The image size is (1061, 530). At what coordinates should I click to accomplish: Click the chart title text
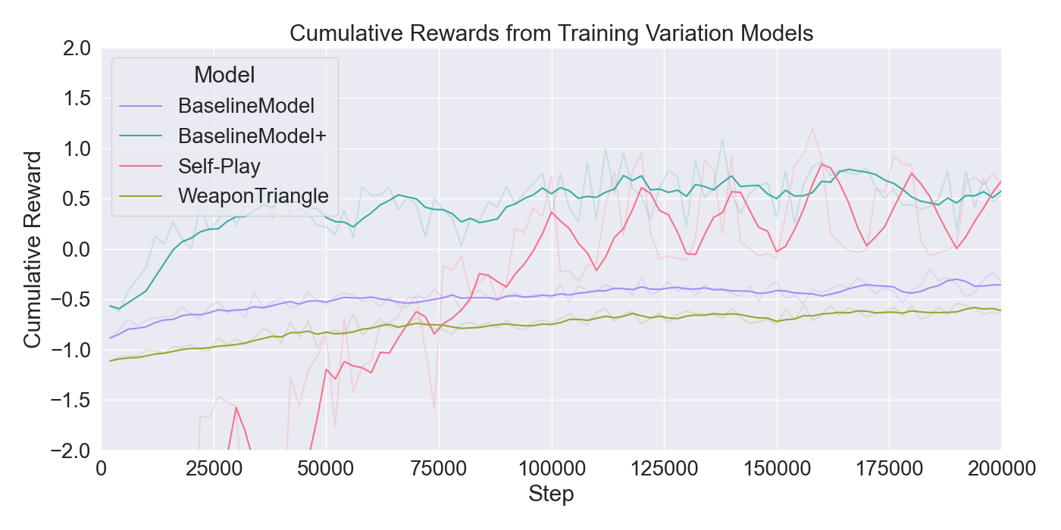tap(551, 33)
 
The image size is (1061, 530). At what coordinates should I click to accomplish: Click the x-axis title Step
tap(551, 495)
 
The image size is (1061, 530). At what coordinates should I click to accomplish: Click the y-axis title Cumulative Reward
tap(32, 249)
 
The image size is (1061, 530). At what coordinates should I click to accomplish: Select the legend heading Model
tap(224, 75)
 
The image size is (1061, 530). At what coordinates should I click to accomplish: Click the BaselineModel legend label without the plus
tap(246, 105)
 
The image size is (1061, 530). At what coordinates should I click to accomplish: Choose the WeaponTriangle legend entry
tap(253, 196)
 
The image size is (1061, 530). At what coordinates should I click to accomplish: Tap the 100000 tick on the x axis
tap(551, 469)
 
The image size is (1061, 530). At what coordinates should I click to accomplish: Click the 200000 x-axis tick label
tap(1000, 469)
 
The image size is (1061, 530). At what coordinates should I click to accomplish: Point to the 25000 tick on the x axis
tap(214, 469)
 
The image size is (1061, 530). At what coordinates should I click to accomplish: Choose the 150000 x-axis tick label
tap(776, 469)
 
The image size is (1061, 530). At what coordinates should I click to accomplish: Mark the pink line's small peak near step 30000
tap(236, 407)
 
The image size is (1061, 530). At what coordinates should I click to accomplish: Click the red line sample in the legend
tap(141, 166)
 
